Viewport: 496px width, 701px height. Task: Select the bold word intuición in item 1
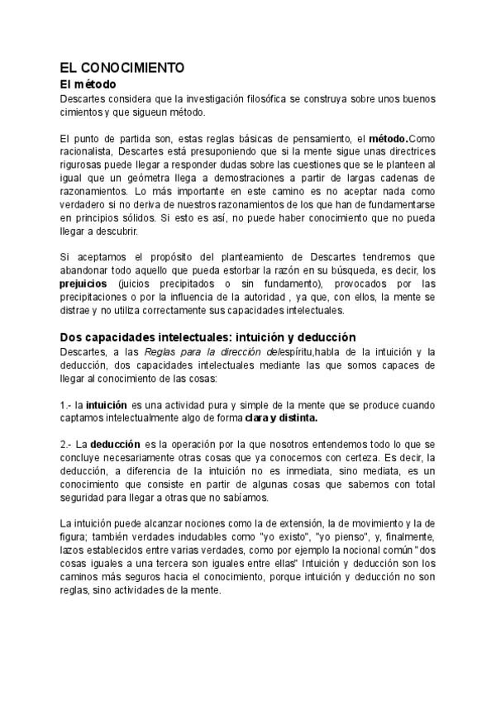point(106,405)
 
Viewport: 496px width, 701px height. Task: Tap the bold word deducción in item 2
point(115,445)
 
